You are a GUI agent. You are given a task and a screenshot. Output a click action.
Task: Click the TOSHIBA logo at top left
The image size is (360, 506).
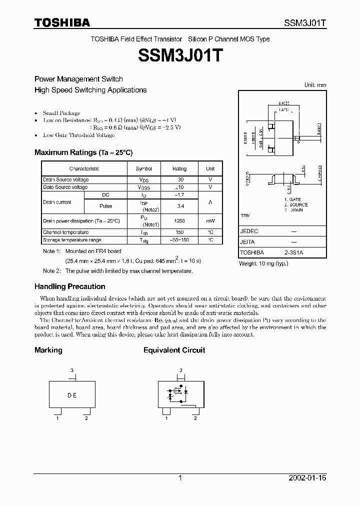[62, 22]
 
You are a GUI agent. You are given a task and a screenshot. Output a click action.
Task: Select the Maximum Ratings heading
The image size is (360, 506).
[83, 152]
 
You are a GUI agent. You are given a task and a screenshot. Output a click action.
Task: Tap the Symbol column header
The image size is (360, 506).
[144, 169]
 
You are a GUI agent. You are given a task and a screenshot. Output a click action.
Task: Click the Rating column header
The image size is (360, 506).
[179, 169]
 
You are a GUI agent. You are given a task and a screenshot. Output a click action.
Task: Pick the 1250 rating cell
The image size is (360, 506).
[179, 221]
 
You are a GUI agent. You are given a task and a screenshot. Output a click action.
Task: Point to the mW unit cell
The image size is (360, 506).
[210, 221]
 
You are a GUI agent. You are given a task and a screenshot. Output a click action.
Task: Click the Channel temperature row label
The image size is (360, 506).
[66, 232]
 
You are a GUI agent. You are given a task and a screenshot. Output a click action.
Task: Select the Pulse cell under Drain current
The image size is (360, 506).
[106, 206]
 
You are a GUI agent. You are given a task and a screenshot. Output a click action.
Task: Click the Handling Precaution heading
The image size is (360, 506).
[69, 286]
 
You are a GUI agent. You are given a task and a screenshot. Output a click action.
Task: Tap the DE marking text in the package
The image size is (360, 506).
[72, 395]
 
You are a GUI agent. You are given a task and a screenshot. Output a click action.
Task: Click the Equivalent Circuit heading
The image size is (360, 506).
[174, 350]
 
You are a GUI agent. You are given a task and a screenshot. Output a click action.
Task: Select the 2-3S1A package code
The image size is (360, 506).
[294, 253]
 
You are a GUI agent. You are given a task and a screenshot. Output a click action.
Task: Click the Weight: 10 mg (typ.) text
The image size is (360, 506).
[263, 263]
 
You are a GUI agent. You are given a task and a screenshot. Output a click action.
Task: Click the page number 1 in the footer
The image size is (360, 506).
[180, 478]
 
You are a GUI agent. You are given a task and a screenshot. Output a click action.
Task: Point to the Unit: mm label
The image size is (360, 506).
[315, 85]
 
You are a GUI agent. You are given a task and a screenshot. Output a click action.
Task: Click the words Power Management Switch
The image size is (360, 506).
[78, 79]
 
